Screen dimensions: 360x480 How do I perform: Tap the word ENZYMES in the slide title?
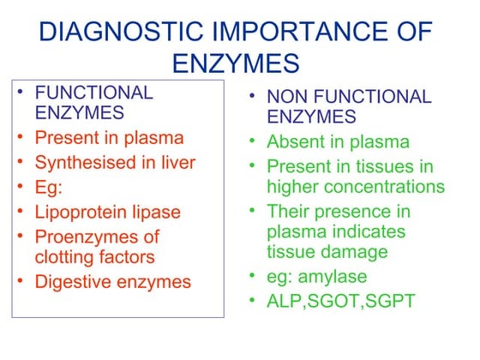(236, 63)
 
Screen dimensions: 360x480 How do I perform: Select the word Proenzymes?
(85, 236)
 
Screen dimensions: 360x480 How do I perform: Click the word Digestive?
(72, 281)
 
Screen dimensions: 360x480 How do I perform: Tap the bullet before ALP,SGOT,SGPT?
(253, 301)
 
